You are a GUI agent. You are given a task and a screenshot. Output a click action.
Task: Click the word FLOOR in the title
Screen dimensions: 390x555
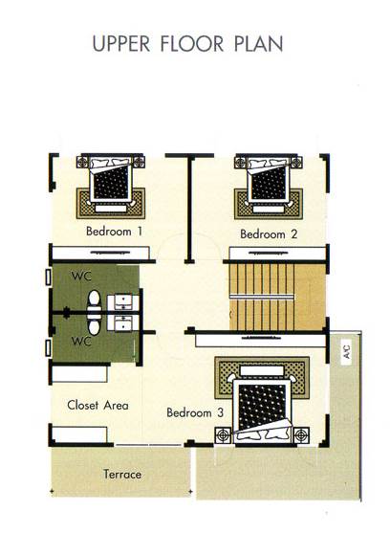click(x=192, y=44)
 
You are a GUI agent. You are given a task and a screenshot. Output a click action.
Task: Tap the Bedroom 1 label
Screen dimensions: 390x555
click(x=114, y=232)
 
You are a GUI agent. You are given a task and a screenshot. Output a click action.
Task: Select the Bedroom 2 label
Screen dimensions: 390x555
click(x=269, y=234)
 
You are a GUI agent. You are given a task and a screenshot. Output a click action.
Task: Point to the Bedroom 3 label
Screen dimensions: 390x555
click(x=195, y=412)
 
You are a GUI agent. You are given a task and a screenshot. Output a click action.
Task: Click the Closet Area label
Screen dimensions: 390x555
click(x=97, y=405)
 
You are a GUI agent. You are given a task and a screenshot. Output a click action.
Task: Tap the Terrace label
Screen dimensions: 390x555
click(x=122, y=474)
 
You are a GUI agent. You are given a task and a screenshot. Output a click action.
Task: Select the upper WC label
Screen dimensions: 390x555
click(x=81, y=276)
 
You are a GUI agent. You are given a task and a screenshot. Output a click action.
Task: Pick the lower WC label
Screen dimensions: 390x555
click(x=81, y=342)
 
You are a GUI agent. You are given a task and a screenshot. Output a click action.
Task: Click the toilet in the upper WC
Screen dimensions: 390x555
click(x=94, y=300)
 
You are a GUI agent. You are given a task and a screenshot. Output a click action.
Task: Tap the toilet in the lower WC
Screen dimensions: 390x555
click(x=94, y=325)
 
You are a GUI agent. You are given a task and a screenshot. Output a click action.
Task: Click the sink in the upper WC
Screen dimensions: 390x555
click(x=122, y=302)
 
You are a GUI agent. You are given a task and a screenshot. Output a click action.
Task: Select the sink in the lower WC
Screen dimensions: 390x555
click(x=122, y=323)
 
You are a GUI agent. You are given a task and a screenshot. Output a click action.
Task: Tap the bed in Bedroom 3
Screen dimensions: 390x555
click(x=262, y=410)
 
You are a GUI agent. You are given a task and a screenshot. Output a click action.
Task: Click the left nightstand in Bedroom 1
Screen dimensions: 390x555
click(x=82, y=162)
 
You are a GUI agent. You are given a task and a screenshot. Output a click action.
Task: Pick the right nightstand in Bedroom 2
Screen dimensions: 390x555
click(x=296, y=163)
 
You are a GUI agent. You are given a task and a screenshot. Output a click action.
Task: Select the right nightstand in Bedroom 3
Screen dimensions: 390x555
click(x=301, y=434)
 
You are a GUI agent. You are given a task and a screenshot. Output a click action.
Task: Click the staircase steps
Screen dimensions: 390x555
click(x=262, y=297)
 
